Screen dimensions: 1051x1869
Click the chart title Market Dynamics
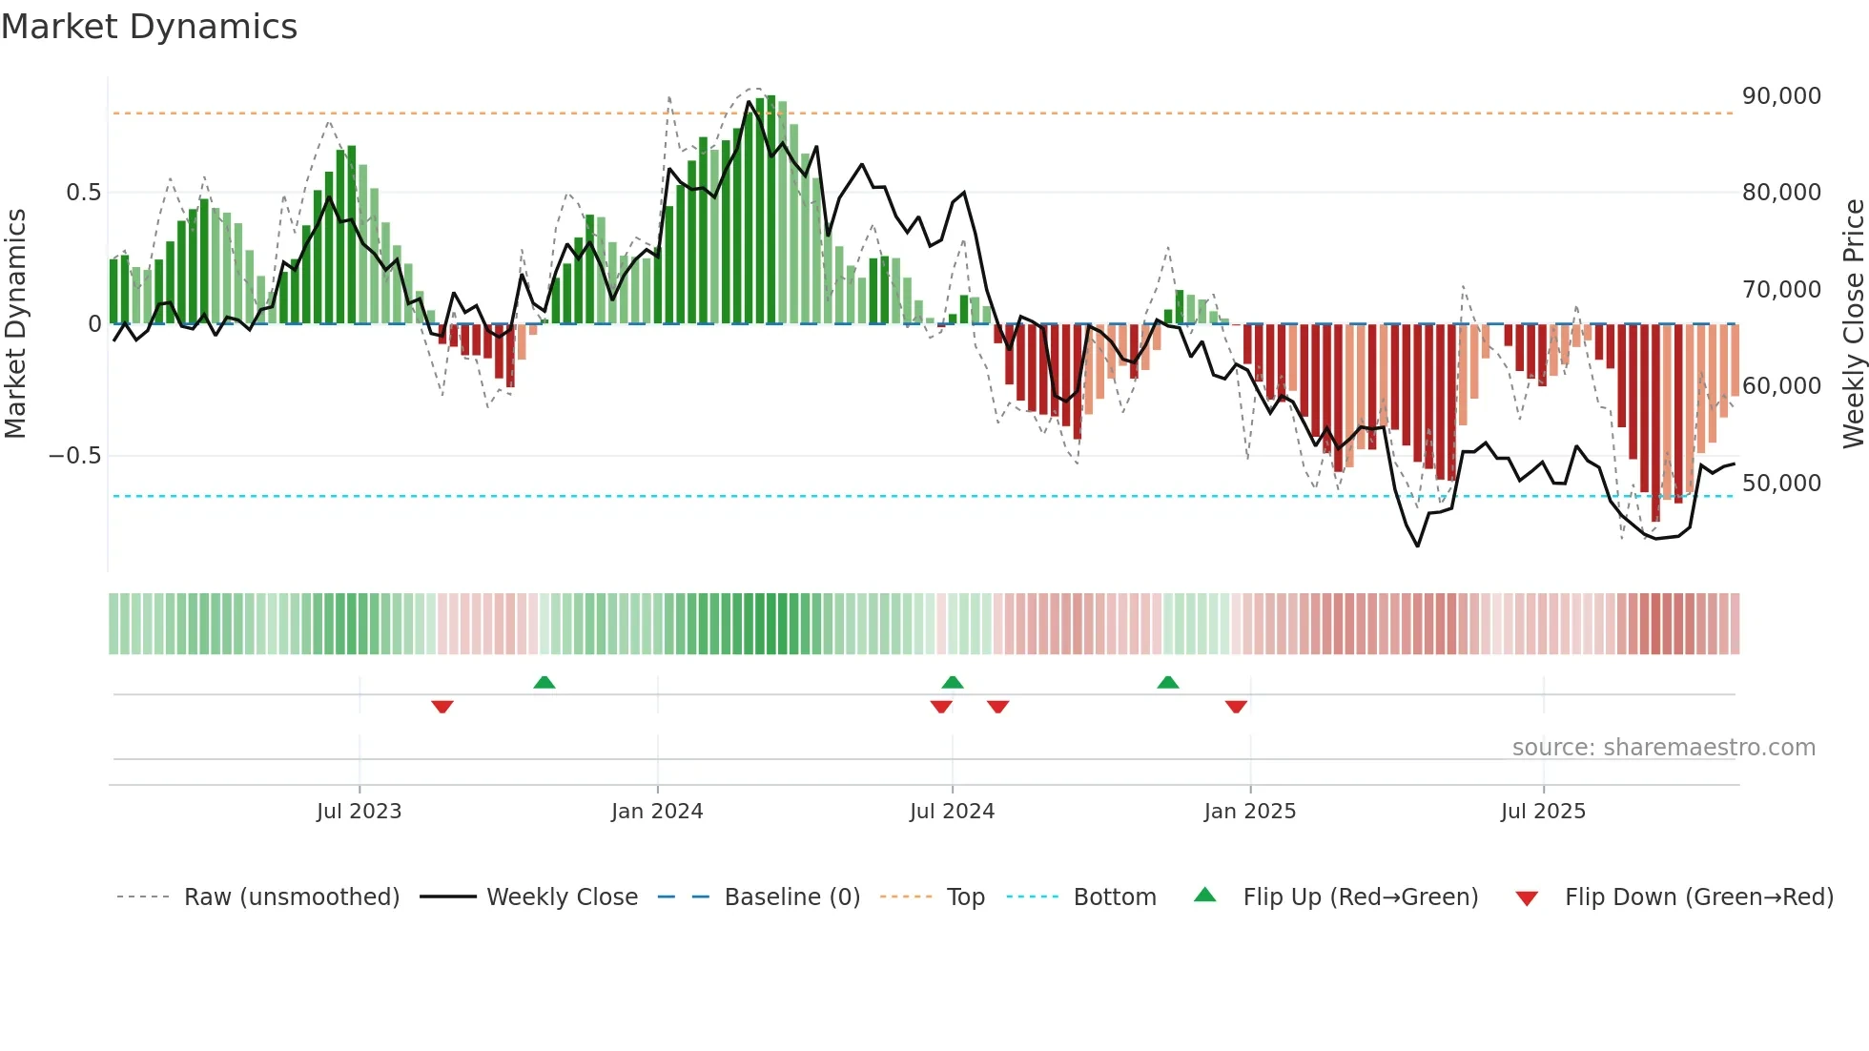[x=149, y=27]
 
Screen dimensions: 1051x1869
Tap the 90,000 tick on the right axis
[x=1781, y=96]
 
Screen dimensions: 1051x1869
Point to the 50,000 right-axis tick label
[x=1781, y=484]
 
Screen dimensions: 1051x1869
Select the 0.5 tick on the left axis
[x=83, y=193]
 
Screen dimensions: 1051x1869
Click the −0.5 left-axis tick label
[x=74, y=456]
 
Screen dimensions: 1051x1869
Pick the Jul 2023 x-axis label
[x=359, y=812]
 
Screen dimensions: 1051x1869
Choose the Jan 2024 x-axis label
[x=657, y=812]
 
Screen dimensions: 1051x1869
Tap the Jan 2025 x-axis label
[x=1249, y=812]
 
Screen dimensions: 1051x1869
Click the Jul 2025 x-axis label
[x=1543, y=812]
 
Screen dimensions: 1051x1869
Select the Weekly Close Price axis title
[x=1853, y=323]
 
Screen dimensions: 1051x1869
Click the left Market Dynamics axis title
[x=15, y=323]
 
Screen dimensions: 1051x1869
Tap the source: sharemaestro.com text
[x=1663, y=748]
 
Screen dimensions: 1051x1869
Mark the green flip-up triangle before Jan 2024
[x=544, y=682]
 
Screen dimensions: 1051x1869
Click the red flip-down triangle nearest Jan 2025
[x=1236, y=707]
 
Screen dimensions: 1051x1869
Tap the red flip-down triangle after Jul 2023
[x=442, y=707]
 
